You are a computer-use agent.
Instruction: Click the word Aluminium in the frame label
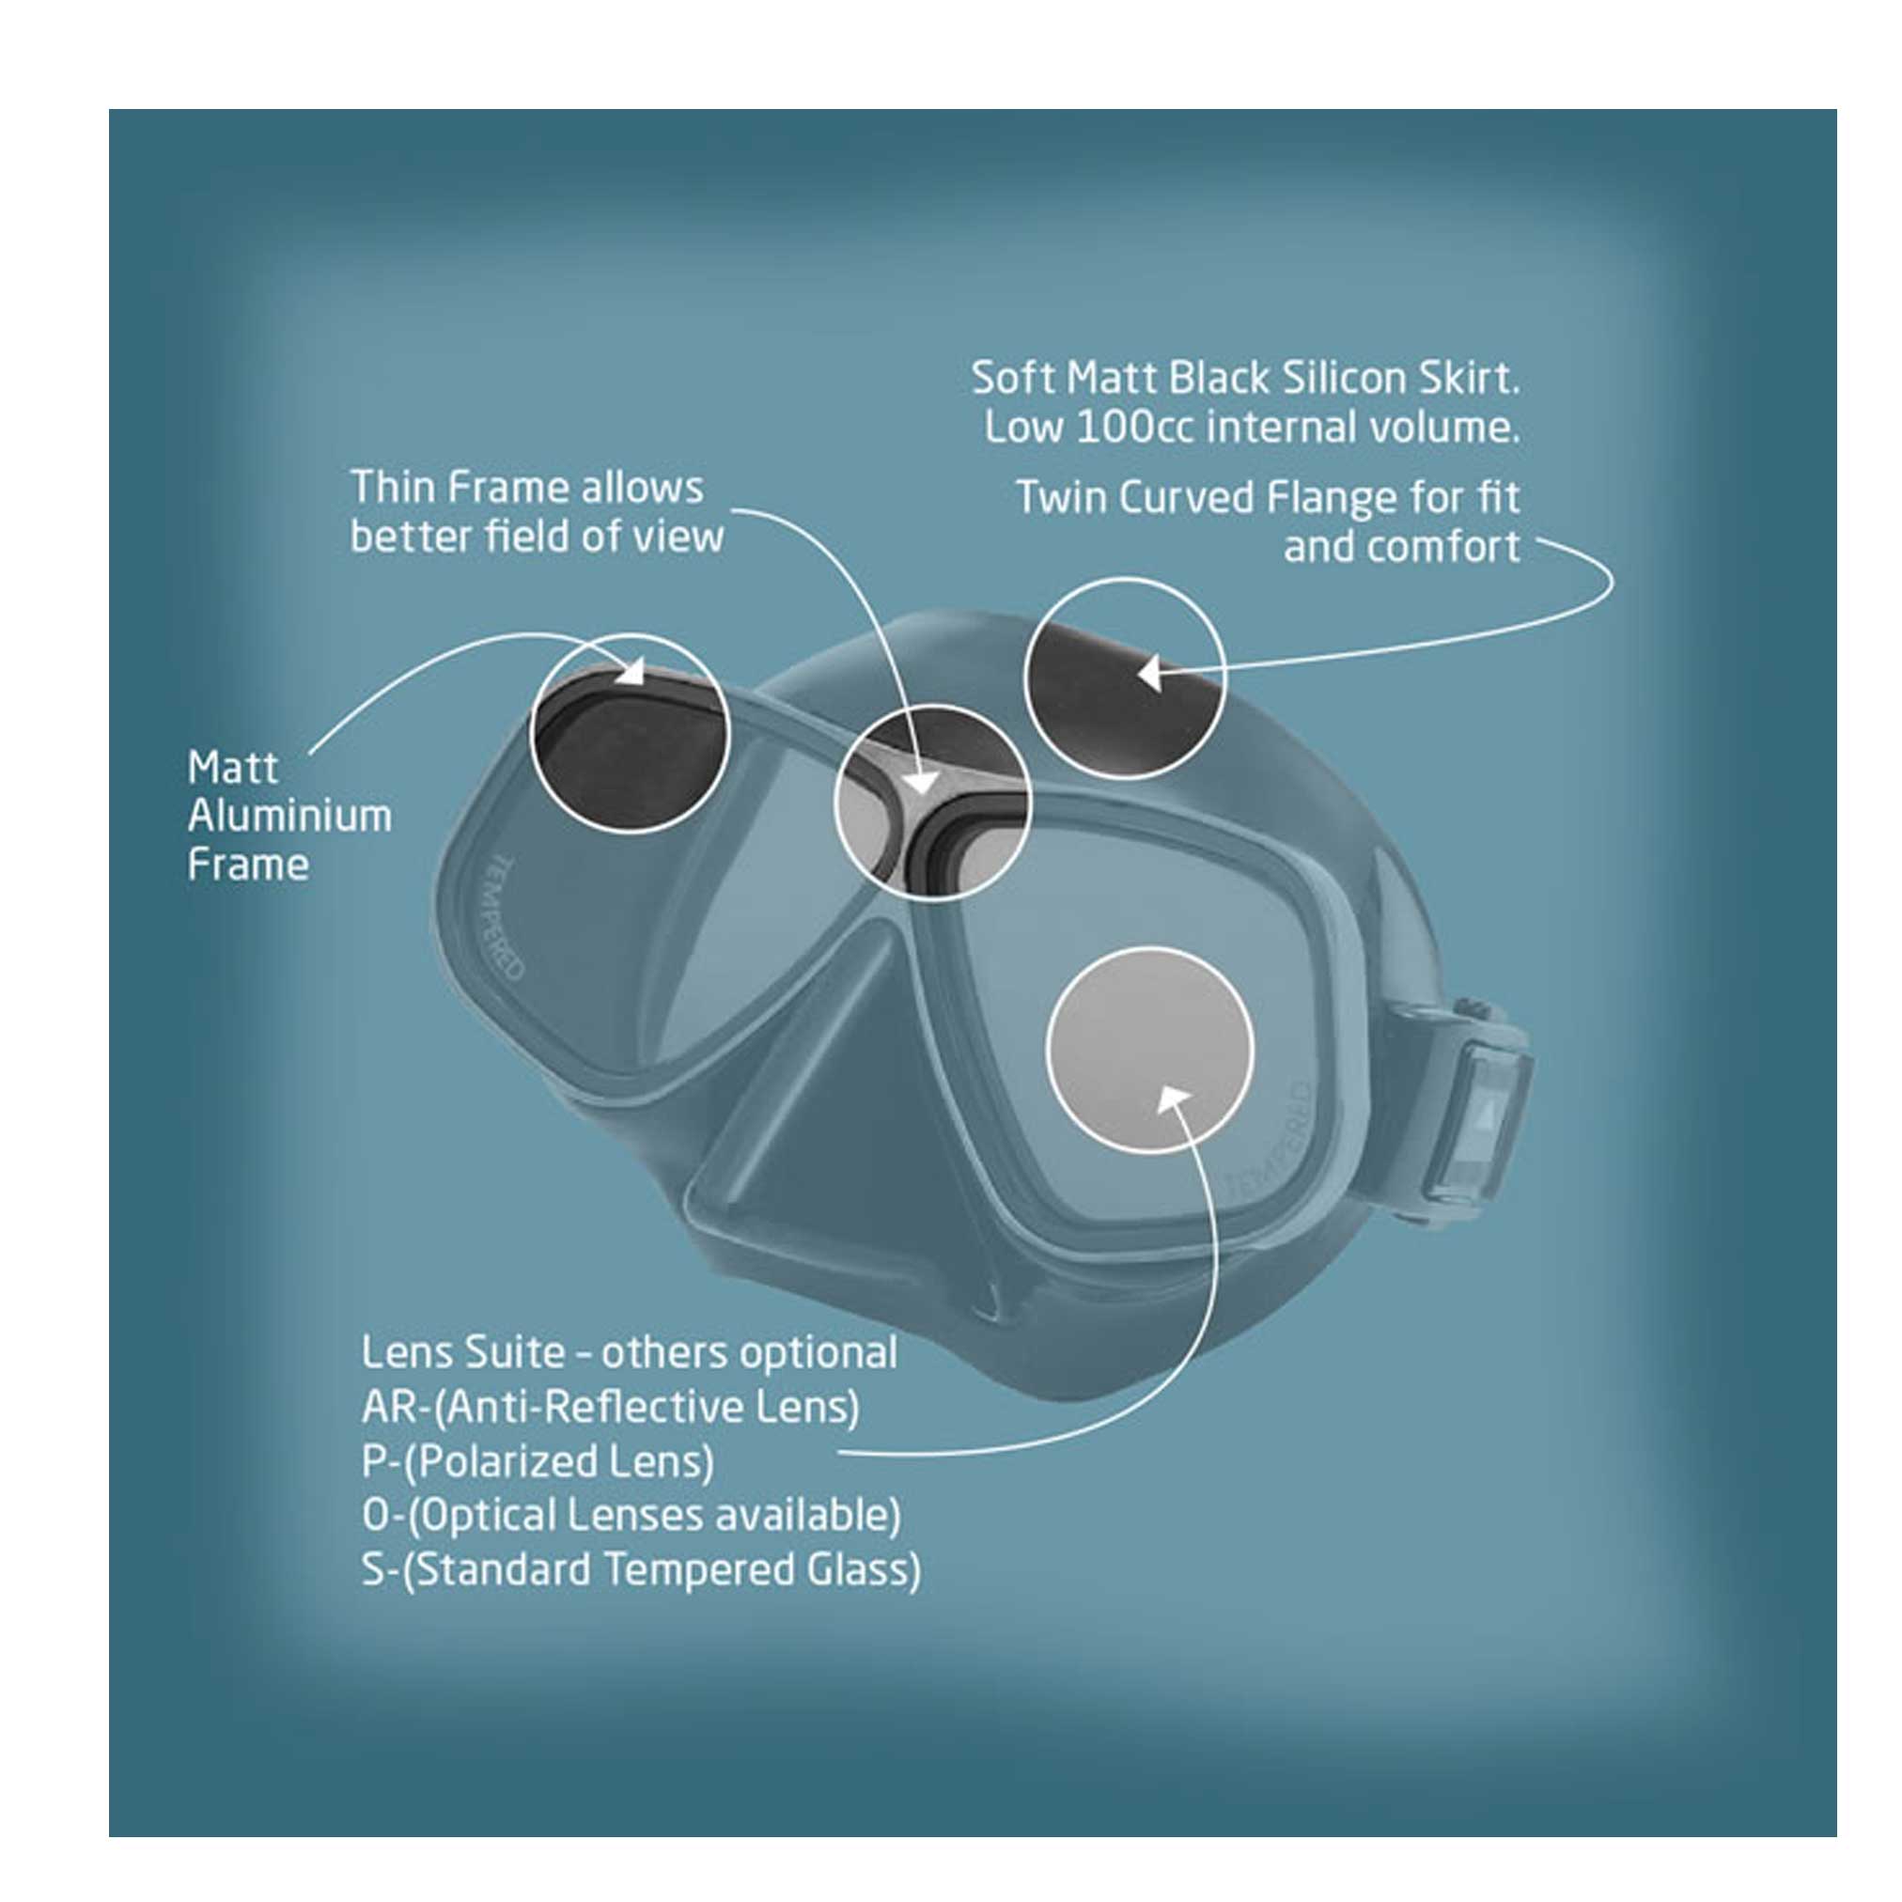click(x=289, y=816)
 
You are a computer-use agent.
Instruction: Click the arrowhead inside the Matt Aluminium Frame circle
click(x=631, y=673)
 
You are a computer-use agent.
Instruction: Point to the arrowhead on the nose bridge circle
click(x=922, y=782)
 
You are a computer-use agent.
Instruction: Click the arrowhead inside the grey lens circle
click(x=1176, y=1099)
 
